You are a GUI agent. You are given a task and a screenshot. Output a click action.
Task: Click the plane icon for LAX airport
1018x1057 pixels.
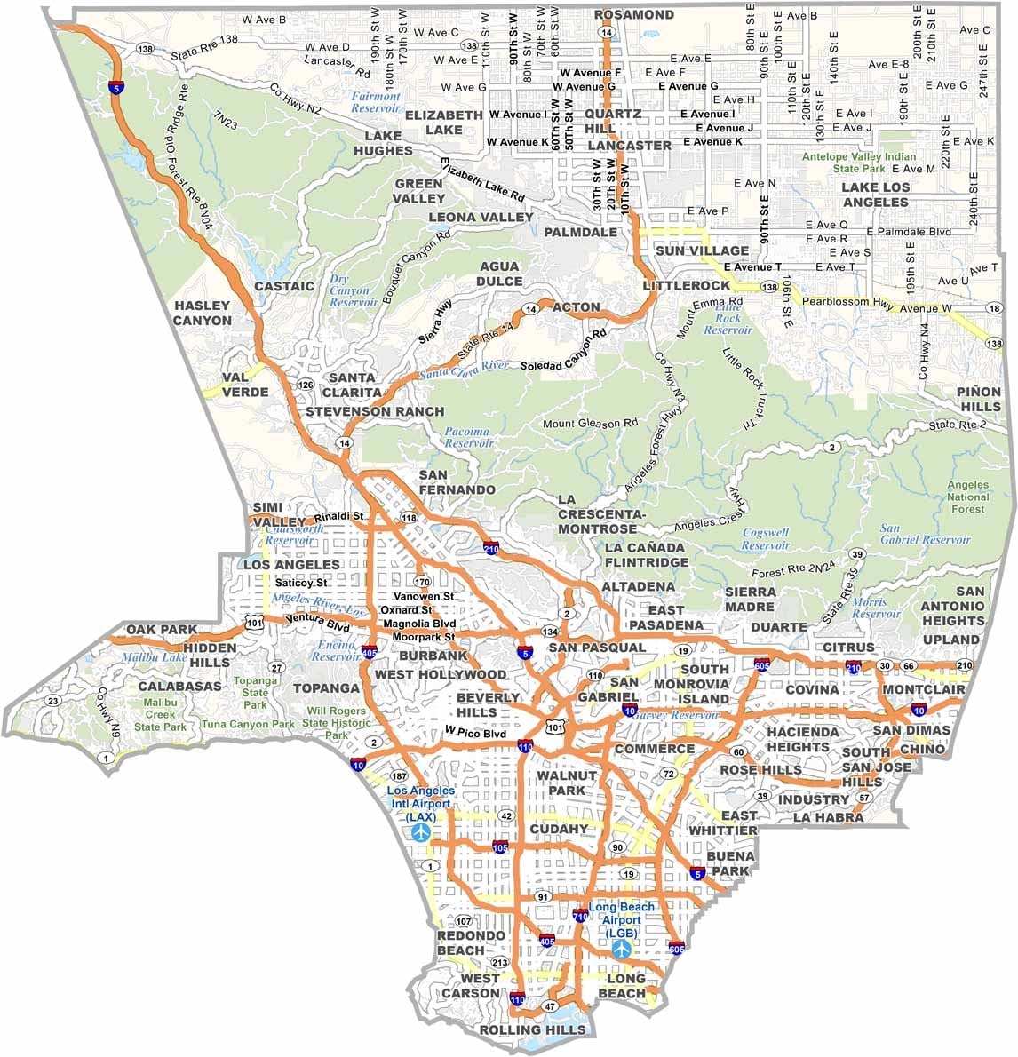pyautogui.click(x=420, y=832)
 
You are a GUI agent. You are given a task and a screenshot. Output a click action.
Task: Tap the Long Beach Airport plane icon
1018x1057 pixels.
pyautogui.click(x=622, y=949)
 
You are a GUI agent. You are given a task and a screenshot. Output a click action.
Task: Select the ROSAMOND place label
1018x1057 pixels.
pyautogui.click(x=634, y=15)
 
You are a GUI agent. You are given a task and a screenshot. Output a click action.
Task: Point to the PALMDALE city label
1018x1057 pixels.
pyautogui.click(x=580, y=232)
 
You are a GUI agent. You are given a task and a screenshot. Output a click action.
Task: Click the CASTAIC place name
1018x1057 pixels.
pyautogui.click(x=284, y=286)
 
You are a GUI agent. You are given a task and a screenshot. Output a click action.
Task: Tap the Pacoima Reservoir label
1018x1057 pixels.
pyautogui.click(x=466, y=436)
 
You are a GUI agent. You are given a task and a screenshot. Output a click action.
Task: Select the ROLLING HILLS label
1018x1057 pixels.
pyautogui.click(x=532, y=1029)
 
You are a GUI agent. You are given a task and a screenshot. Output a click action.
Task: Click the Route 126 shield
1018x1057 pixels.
pyautogui.click(x=306, y=385)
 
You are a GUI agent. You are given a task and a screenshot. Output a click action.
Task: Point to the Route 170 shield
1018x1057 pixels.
pyautogui.click(x=422, y=583)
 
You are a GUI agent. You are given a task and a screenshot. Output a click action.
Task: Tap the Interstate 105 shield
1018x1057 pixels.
pyautogui.click(x=500, y=847)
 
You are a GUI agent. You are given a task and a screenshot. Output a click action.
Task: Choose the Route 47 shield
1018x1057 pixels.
pyautogui.click(x=551, y=1006)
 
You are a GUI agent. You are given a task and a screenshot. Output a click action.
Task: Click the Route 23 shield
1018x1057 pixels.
pyautogui.click(x=52, y=702)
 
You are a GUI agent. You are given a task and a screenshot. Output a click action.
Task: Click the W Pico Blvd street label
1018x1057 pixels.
pyautogui.click(x=475, y=733)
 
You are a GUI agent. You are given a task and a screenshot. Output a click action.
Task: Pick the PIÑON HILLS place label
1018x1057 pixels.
pyautogui.click(x=979, y=399)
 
